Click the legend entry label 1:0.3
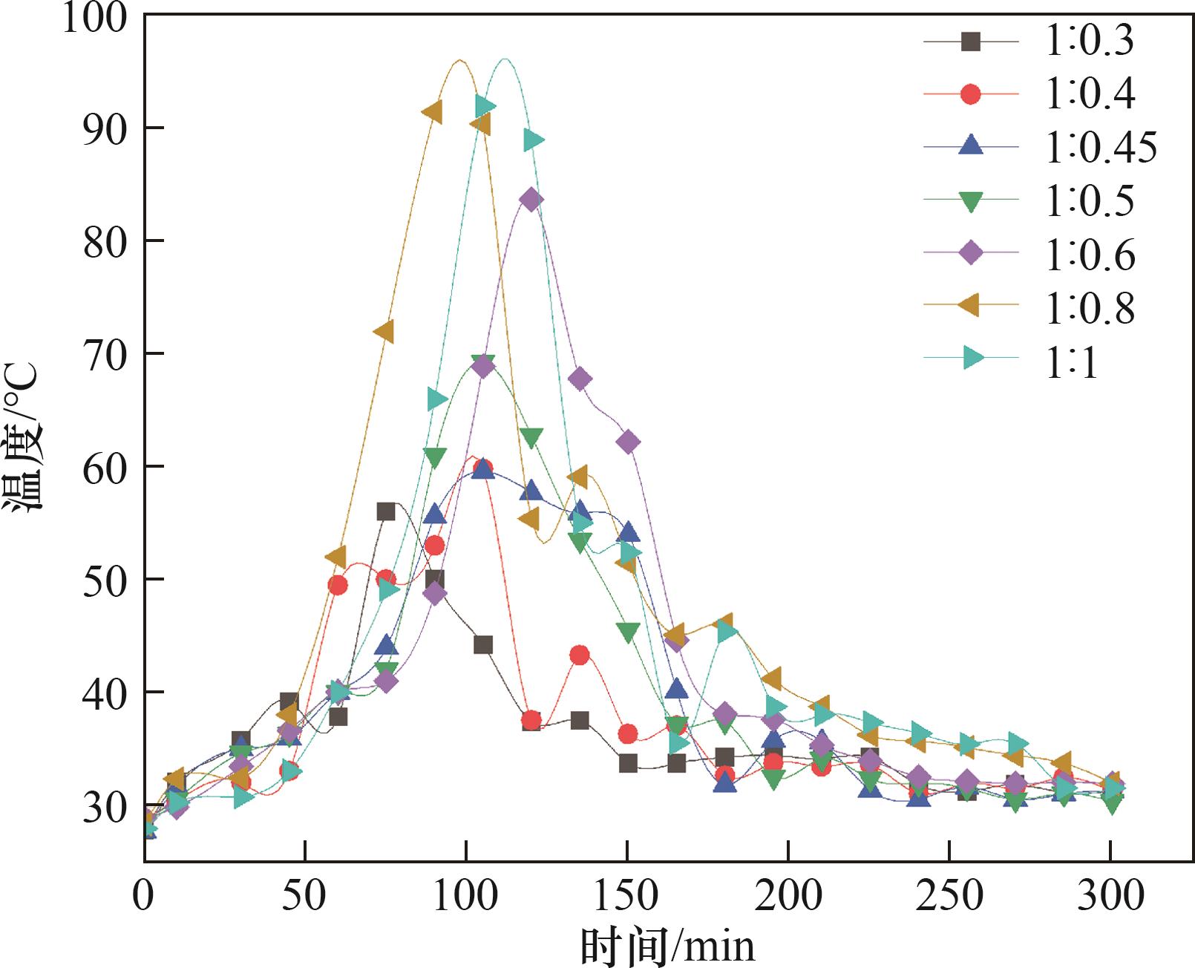coord(1089,41)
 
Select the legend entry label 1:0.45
coord(1101,148)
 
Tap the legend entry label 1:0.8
coord(1090,307)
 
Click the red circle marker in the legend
coord(970,94)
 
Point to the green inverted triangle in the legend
coord(970,200)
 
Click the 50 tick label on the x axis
coord(304,896)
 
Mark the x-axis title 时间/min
coord(667,946)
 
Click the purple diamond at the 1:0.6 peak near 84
coord(530,199)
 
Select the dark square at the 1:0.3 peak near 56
coord(386,511)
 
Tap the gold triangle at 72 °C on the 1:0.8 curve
coord(384,331)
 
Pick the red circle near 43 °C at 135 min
coord(580,655)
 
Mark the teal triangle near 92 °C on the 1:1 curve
coord(485,106)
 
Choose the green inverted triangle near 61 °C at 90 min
coord(435,457)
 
